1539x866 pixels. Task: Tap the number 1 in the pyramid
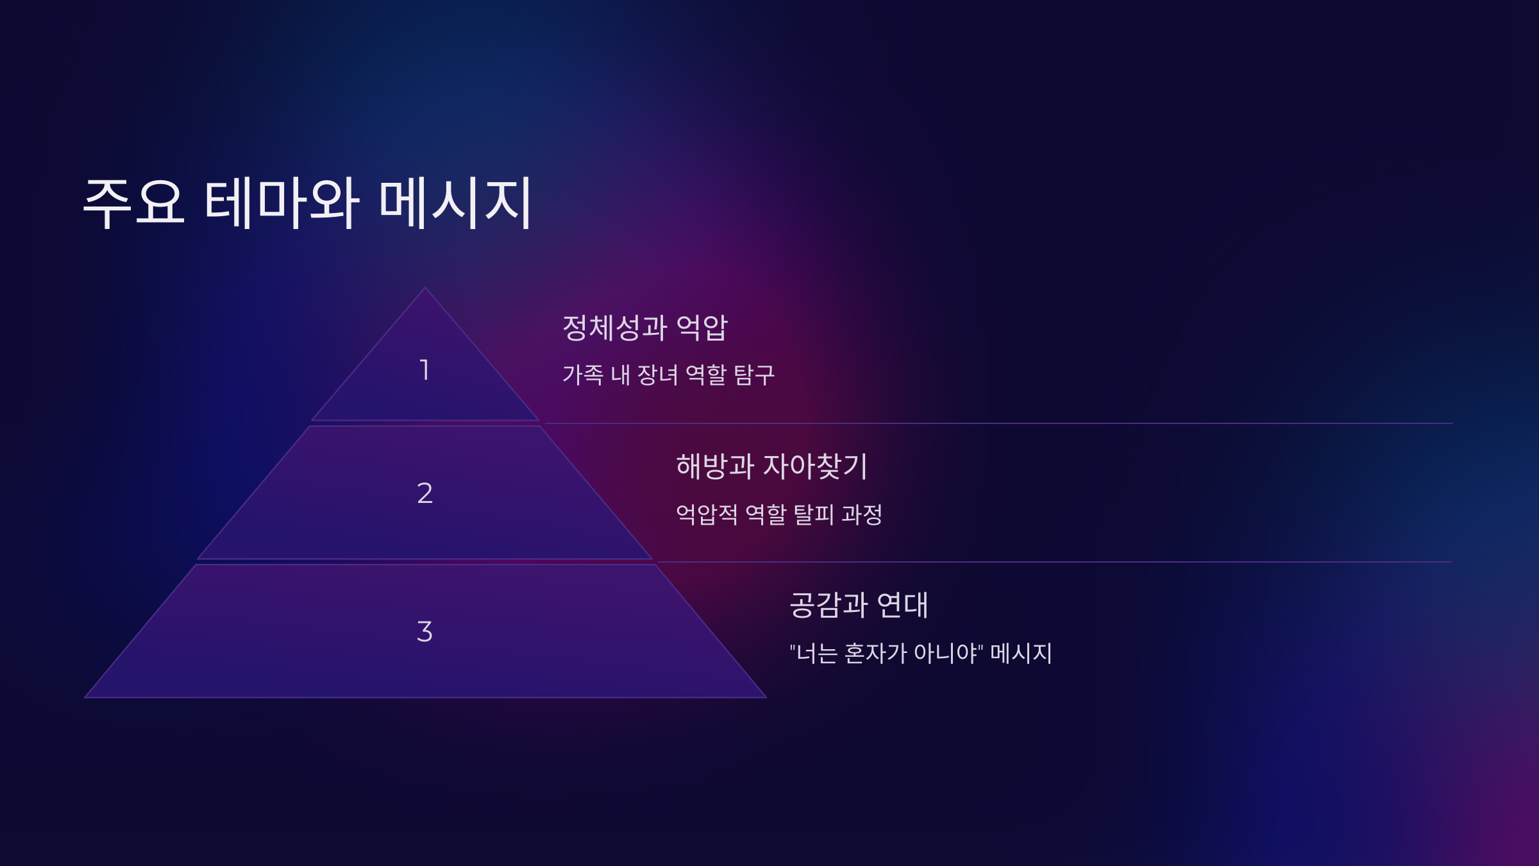tap(424, 370)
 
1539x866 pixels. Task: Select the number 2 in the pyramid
tap(425, 493)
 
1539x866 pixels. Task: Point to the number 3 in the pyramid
tap(425, 632)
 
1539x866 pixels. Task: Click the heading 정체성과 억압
tap(644, 328)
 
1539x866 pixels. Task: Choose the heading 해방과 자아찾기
tap(771, 466)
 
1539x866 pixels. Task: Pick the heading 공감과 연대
tap(859, 605)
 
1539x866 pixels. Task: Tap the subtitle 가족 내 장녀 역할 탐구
tap(668, 375)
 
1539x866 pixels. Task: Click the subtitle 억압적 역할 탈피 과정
tap(779, 514)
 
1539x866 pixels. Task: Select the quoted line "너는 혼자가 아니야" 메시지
tap(921, 653)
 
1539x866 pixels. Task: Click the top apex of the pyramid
tap(425, 289)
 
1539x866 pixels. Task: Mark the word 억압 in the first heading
tap(702, 328)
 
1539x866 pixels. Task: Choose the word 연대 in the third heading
tap(902, 605)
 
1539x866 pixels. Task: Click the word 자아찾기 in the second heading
tap(815, 466)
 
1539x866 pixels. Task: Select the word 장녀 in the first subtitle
tap(657, 375)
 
